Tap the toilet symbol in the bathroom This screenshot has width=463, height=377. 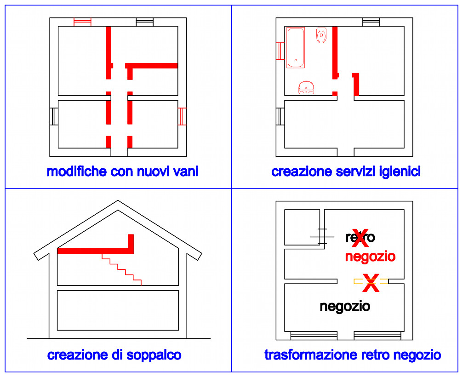[x=321, y=35]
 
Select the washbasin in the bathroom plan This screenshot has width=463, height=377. [x=306, y=88]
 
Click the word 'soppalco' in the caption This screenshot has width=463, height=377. [x=154, y=355]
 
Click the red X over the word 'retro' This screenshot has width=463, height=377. [x=360, y=238]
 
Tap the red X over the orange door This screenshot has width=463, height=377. [x=371, y=283]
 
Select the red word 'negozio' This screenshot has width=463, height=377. [x=370, y=257]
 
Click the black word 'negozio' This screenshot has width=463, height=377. [x=345, y=307]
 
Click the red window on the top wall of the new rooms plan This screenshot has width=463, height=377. [x=82, y=22]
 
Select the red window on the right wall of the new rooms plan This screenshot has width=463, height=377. [x=182, y=116]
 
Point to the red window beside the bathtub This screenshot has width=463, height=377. [x=280, y=51]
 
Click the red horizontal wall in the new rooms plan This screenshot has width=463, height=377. [x=151, y=66]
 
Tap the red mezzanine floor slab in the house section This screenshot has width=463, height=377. [x=95, y=251]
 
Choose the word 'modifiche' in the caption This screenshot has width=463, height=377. [x=76, y=171]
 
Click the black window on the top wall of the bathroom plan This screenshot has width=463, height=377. [x=371, y=22]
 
